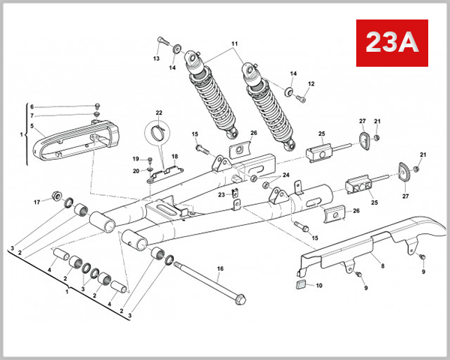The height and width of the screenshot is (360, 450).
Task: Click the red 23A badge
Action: (x=390, y=43)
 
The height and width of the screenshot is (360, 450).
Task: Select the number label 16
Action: (x=220, y=268)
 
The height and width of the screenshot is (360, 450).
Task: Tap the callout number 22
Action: (x=158, y=113)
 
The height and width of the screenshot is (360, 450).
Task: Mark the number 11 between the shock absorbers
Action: (x=235, y=44)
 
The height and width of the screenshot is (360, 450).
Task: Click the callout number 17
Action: (x=35, y=202)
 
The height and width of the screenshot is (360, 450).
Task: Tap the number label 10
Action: (x=319, y=286)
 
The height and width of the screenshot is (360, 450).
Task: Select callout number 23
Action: (x=222, y=194)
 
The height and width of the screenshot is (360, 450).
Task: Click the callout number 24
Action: (x=286, y=175)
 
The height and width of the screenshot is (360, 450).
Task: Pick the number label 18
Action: (x=175, y=157)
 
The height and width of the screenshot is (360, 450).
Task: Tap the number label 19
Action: (x=136, y=159)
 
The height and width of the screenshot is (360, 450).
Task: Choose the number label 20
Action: (x=136, y=170)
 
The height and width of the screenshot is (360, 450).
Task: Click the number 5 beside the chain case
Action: (x=31, y=127)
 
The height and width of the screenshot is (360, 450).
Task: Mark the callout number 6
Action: (x=31, y=106)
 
